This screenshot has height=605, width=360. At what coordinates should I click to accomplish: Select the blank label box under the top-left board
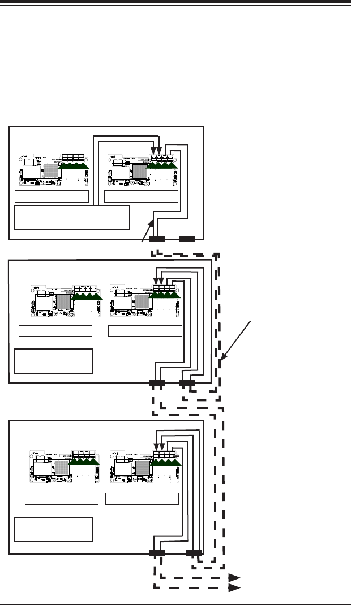pos(52,197)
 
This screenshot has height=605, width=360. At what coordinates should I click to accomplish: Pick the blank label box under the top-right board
pos(142,197)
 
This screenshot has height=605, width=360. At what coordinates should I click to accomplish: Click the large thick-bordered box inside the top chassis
pos(71,218)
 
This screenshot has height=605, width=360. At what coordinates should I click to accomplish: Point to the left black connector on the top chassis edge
pos(156,239)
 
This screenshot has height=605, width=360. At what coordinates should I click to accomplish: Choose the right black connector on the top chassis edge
pos(187,239)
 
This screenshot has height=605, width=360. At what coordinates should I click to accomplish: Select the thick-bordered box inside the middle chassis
pos(53,361)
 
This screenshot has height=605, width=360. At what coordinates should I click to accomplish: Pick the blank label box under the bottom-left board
pos(62,499)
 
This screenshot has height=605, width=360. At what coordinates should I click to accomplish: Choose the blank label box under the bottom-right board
pos(142,499)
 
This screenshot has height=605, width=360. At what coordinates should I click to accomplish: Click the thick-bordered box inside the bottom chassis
pos(53,529)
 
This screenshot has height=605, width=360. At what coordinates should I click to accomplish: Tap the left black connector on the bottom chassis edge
pos(156,553)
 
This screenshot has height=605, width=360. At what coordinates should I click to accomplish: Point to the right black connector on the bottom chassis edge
pos(194,553)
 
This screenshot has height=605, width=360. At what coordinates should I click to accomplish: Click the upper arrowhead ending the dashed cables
pos(234,578)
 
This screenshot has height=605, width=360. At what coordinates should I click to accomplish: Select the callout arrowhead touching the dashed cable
pos(224,358)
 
